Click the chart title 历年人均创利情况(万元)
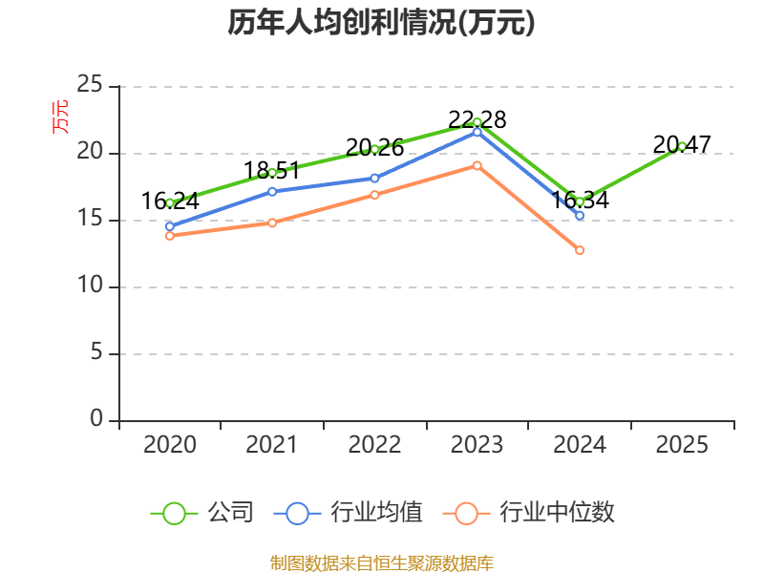pos(381,22)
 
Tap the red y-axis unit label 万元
pos(60,117)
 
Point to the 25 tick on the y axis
pos(90,84)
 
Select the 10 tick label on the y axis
pos(90,285)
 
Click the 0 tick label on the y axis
pos(96,418)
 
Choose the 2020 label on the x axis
pos(170,444)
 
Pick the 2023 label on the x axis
pos(477,444)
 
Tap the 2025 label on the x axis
pos(682,444)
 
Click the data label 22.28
pos(477,119)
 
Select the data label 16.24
pos(170,201)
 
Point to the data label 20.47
pos(682,144)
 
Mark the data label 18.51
pos(272,171)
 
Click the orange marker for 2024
pos(580,250)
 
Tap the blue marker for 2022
pos(374,179)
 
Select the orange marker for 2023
pos(477,165)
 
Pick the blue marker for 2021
pos(272,192)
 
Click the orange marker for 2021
pos(272,223)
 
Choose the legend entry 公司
pos(202,513)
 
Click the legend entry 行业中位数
pos(529,513)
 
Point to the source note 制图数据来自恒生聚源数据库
pos(382,562)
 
